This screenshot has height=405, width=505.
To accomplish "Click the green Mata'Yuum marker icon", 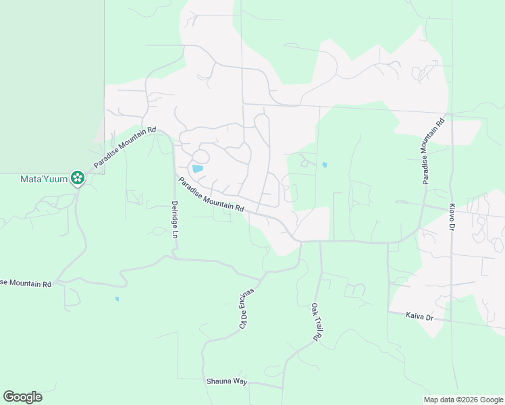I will tap(78, 178).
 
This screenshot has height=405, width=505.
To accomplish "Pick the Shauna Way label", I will tap(226, 381).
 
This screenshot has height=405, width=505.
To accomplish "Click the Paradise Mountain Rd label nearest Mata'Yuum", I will tap(125, 147).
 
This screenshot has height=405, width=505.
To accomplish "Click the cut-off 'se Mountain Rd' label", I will tap(26, 283).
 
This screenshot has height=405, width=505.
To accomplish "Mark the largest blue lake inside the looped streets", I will tap(198, 169).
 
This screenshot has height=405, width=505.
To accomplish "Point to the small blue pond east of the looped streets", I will tap(325, 165).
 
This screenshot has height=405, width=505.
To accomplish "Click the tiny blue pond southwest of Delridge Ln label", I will tap(117, 299).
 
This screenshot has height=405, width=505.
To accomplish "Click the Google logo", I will tap(22, 397).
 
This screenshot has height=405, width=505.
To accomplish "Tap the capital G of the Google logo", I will tap(8, 397).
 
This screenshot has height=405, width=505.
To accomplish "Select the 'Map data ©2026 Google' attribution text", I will tap(463, 400).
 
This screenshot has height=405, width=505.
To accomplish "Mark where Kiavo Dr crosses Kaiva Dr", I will tap(452, 320).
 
